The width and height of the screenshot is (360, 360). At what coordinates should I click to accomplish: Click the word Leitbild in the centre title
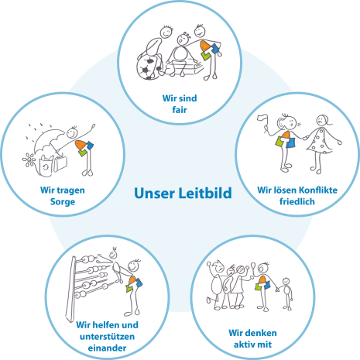(x=205, y=193)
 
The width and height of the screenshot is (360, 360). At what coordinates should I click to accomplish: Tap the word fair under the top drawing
(x=180, y=110)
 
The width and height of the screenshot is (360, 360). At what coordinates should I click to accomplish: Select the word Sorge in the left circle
(x=63, y=201)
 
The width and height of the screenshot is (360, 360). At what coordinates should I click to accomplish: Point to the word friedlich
(x=297, y=201)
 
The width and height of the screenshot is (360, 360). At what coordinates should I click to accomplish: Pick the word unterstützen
(x=107, y=337)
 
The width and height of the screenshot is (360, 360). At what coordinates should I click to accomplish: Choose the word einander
(x=107, y=348)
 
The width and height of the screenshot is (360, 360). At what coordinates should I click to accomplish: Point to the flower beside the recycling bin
(x=29, y=159)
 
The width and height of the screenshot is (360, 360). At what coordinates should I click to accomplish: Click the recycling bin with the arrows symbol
(x=46, y=166)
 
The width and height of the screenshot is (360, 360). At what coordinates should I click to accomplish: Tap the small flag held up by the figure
(x=262, y=119)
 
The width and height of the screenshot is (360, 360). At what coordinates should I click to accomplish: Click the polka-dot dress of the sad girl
(x=320, y=141)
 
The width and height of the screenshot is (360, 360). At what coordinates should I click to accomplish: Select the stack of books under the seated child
(x=184, y=68)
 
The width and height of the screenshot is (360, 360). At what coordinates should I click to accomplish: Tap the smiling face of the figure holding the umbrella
(x=72, y=132)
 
